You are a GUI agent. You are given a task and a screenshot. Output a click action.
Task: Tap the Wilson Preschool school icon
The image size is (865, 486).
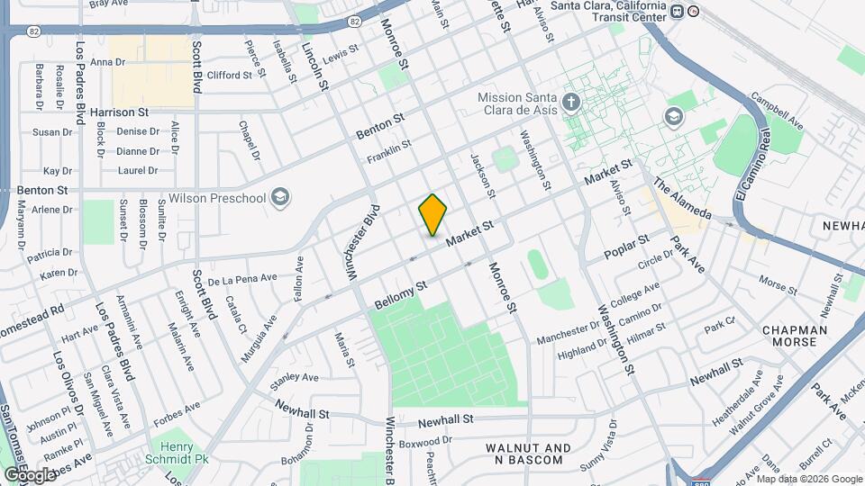coord(281,197)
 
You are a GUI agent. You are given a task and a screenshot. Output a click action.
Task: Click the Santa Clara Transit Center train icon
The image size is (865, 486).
coord(693,11)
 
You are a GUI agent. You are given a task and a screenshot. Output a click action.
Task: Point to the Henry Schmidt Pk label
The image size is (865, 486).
coord(178,453)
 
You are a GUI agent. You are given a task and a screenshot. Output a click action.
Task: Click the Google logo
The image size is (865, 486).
coord(29,474)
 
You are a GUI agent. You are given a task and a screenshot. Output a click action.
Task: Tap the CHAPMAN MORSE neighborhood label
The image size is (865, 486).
coord(795,337)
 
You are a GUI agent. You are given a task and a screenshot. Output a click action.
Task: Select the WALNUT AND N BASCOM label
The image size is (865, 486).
coord(528,454)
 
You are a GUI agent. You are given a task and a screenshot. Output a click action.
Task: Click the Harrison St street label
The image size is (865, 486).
coord(119,112)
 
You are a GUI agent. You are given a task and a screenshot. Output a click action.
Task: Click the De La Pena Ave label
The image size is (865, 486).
coord(241,280)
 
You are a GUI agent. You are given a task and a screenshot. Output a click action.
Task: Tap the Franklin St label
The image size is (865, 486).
coord(388,150)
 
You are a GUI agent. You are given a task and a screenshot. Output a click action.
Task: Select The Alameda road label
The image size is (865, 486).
coord(682,197)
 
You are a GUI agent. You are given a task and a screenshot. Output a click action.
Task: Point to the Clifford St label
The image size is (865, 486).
coord(229,75)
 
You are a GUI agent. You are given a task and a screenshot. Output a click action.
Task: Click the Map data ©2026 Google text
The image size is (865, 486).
coord(808,478)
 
